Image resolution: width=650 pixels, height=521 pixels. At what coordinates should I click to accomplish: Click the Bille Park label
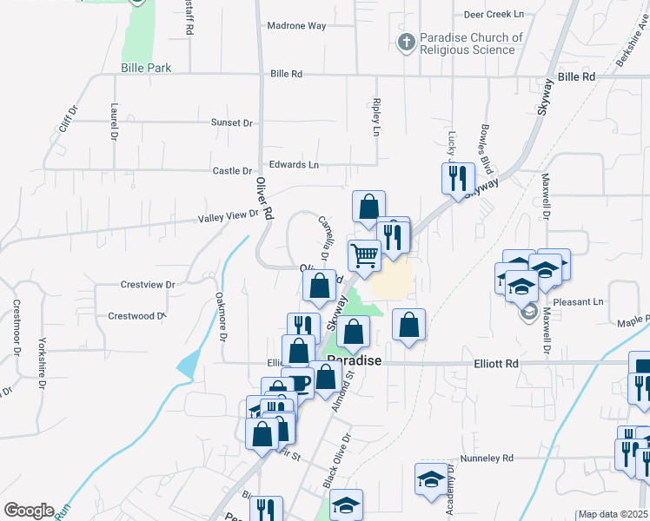pyautogui.click(x=147, y=68)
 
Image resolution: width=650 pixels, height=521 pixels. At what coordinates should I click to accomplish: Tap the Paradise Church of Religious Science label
pyautogui.click(x=471, y=43)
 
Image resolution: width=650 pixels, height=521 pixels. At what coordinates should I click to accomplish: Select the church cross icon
pyautogui.click(x=406, y=41)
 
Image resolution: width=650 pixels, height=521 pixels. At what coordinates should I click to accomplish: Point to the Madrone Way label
pyautogui.click(x=297, y=26)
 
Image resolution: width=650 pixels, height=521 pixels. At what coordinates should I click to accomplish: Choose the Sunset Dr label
pyautogui.click(x=231, y=123)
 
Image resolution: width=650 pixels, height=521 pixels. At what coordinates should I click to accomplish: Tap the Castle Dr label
pyautogui.click(x=232, y=171)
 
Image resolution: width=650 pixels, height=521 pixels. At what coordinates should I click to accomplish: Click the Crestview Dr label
pyautogui.click(x=148, y=284)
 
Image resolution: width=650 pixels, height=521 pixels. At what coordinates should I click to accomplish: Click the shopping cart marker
pyautogui.click(x=364, y=255)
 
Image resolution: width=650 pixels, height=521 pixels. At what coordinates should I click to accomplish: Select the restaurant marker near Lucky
pyautogui.click(x=456, y=179)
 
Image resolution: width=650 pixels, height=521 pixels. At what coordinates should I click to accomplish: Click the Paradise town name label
pyautogui.click(x=355, y=359)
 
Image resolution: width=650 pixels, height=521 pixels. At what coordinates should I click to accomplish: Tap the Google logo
pyautogui.click(x=29, y=511)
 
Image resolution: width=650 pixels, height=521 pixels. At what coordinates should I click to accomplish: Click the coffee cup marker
pyautogui.click(x=300, y=382)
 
